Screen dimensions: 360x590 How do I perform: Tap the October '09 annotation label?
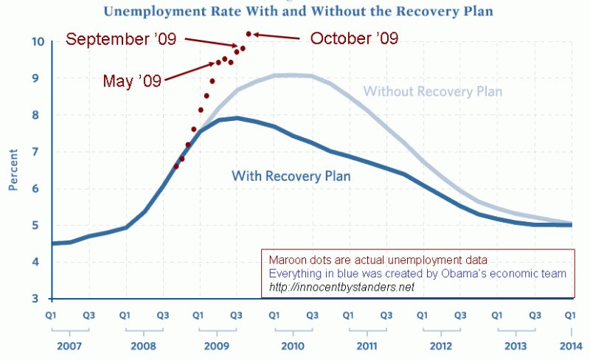354,38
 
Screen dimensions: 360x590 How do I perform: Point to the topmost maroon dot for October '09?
249,34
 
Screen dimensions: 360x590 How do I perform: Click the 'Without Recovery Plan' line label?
433,91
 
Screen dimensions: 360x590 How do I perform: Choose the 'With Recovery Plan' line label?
291,176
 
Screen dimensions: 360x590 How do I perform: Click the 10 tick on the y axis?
36,42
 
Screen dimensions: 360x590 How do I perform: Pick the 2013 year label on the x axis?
516,345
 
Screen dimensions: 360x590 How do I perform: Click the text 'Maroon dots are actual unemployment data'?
375,259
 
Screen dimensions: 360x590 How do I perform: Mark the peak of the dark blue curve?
236,117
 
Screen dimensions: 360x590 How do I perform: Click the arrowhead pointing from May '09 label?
213,64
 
